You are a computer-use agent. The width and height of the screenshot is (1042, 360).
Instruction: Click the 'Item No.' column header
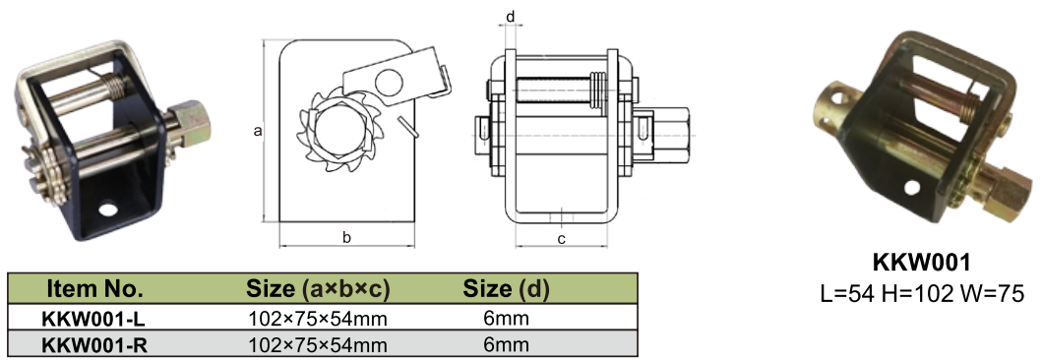pyautogui.click(x=95, y=289)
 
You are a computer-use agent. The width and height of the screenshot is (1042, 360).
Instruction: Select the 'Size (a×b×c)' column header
pyautogui.click(x=318, y=289)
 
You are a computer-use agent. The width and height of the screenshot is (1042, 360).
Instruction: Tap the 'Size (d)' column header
pyautogui.click(x=506, y=289)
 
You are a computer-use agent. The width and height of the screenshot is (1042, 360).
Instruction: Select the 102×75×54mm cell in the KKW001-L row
pyautogui.click(x=318, y=318)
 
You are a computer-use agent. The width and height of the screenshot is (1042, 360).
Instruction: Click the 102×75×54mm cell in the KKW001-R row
pyautogui.click(x=318, y=344)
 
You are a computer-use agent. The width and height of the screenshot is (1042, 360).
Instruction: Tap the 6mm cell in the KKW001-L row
pyautogui.click(x=506, y=318)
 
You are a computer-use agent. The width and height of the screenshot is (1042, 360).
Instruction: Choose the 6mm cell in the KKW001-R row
pyautogui.click(x=506, y=344)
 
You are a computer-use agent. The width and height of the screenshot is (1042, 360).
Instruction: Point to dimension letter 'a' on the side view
pyautogui.click(x=257, y=130)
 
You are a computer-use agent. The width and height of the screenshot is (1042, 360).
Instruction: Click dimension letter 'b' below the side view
pyautogui.click(x=346, y=236)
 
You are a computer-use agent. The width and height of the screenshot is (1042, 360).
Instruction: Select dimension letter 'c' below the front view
pyautogui.click(x=561, y=237)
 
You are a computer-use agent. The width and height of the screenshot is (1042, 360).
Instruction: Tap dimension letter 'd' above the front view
pyautogui.click(x=510, y=18)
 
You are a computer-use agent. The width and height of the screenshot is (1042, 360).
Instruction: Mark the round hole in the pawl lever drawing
pyautogui.click(x=390, y=82)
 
